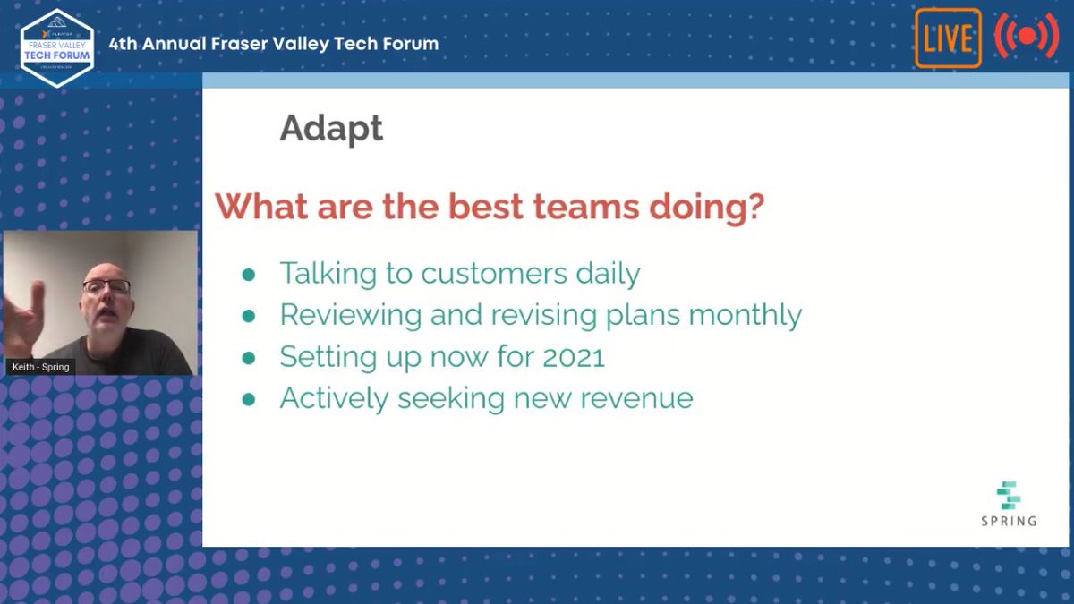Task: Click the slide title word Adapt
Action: (x=330, y=129)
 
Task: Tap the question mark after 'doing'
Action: (x=754, y=207)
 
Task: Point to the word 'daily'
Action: (x=608, y=273)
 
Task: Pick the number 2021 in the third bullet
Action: (x=574, y=357)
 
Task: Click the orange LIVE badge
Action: (x=948, y=38)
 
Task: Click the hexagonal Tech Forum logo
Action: (x=57, y=47)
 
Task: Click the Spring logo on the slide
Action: (x=1009, y=503)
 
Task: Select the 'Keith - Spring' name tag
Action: (x=40, y=367)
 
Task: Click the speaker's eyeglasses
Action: (x=107, y=287)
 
